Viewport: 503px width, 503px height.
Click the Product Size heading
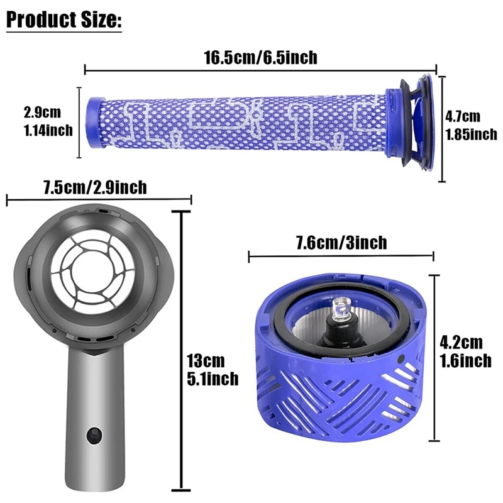click(64, 19)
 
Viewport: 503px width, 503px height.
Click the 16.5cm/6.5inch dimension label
click(260, 58)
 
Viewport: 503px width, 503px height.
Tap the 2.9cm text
click(42, 113)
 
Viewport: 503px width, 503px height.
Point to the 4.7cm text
click(462, 116)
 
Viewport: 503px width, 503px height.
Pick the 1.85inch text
click(471, 134)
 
